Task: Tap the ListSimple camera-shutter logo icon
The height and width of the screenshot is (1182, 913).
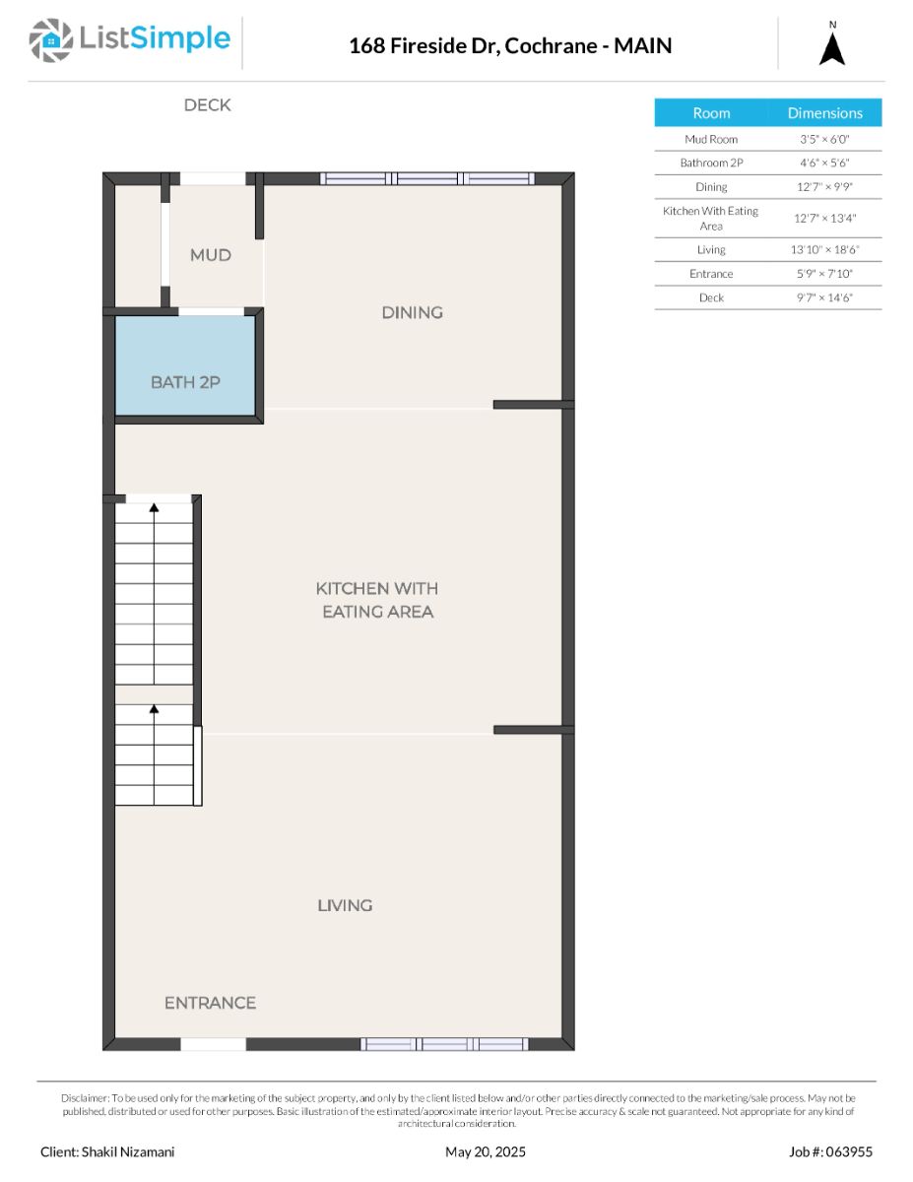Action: pyautogui.click(x=50, y=40)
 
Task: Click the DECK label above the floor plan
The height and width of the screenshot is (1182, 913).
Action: pyautogui.click(x=207, y=105)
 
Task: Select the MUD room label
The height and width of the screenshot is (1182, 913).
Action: pyautogui.click(x=211, y=254)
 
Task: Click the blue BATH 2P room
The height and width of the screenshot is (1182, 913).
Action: pyautogui.click(x=185, y=365)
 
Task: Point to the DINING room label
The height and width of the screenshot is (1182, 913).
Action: pyautogui.click(x=413, y=312)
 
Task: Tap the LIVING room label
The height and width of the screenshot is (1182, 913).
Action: pyautogui.click(x=345, y=905)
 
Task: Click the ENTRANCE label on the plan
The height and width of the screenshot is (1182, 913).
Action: pyautogui.click(x=210, y=1003)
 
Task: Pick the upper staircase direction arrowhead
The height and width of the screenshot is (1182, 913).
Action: pyautogui.click(x=154, y=507)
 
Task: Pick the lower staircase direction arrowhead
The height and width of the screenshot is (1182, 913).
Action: pyautogui.click(x=154, y=709)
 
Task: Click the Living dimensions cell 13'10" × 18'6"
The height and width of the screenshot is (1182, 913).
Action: pyautogui.click(x=824, y=249)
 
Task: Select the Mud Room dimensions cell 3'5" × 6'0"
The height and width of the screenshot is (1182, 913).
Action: pyautogui.click(x=824, y=139)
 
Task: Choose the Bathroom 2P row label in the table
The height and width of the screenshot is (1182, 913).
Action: pyautogui.click(x=711, y=163)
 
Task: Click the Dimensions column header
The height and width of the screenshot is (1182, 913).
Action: pyautogui.click(x=825, y=113)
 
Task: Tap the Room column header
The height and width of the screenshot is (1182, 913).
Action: pyautogui.click(x=711, y=113)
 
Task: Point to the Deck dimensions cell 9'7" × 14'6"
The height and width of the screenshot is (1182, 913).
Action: pyautogui.click(x=824, y=297)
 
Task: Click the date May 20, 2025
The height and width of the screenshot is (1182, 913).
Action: pyautogui.click(x=486, y=1151)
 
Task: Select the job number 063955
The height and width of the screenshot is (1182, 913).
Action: pyautogui.click(x=849, y=1151)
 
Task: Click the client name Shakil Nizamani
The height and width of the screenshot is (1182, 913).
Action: pyautogui.click(x=128, y=1151)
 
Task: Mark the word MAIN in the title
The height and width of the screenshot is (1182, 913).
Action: pyautogui.click(x=643, y=45)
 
